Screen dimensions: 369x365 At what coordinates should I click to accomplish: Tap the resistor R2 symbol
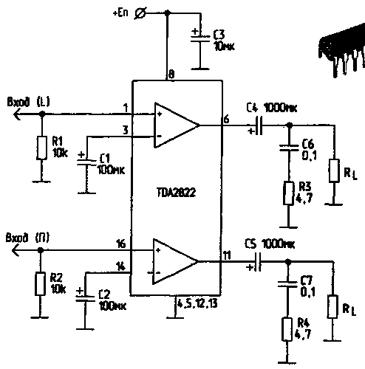(x=41, y=283)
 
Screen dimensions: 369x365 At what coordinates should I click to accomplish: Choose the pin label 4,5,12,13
(x=197, y=302)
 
